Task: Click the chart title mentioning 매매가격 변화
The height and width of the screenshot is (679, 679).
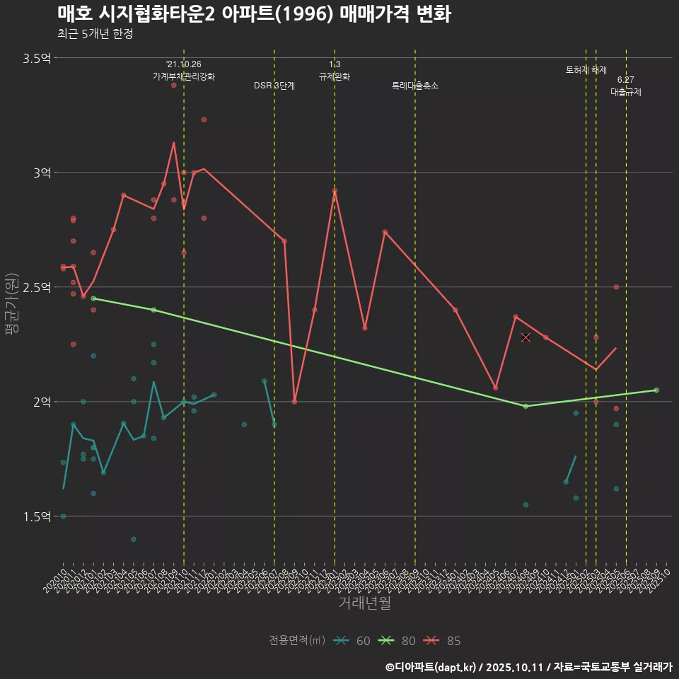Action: pyautogui.click(x=254, y=14)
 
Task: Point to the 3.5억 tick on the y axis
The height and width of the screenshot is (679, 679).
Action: pyautogui.click(x=37, y=58)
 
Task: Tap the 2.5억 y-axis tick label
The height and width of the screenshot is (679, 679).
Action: pyautogui.click(x=37, y=287)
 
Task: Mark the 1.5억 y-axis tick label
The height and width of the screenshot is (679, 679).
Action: pyautogui.click(x=37, y=516)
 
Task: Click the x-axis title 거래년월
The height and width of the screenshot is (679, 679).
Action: pyautogui.click(x=364, y=603)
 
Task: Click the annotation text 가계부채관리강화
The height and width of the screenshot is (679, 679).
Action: pyautogui.click(x=184, y=76)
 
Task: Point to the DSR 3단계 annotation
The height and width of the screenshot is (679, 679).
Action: pyautogui.click(x=274, y=86)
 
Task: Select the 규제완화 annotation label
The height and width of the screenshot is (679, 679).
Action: pyautogui.click(x=335, y=76)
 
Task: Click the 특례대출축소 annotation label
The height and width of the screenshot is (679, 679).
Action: pyautogui.click(x=415, y=86)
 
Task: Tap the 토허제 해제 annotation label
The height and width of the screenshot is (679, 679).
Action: pyautogui.click(x=586, y=70)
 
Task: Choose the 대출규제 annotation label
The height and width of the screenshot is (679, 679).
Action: pyautogui.click(x=626, y=92)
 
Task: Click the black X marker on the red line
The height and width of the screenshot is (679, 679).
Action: pyautogui.click(x=526, y=337)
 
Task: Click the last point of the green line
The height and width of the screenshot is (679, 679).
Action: pyautogui.click(x=656, y=390)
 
